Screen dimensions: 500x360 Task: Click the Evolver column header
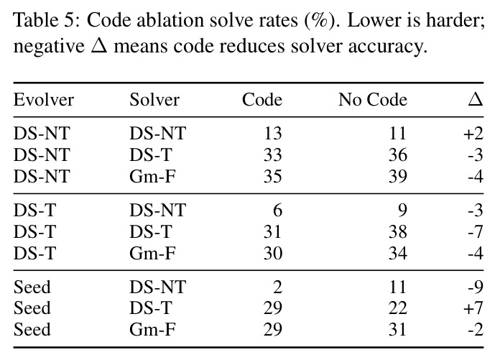pos(44,99)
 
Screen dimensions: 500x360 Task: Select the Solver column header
pos(154,99)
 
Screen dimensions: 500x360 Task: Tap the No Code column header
pos(373,99)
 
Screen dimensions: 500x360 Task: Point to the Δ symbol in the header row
pos(476,99)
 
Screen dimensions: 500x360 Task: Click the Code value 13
pos(273,133)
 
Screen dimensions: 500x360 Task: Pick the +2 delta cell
pos(473,133)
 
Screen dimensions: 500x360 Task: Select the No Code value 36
pos(398,155)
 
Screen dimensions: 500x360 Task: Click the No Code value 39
pos(398,176)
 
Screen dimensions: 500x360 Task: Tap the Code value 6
pos(278,211)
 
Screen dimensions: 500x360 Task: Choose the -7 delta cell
pos(476,232)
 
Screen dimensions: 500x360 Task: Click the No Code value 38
pos(398,232)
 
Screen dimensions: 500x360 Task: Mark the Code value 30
pos(273,254)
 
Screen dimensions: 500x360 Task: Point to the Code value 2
pos(278,287)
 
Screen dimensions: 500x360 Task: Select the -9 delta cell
pos(476,287)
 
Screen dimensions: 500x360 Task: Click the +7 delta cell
pos(473,308)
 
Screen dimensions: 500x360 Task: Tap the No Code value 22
pos(398,308)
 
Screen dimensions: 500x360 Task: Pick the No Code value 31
pos(397,330)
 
